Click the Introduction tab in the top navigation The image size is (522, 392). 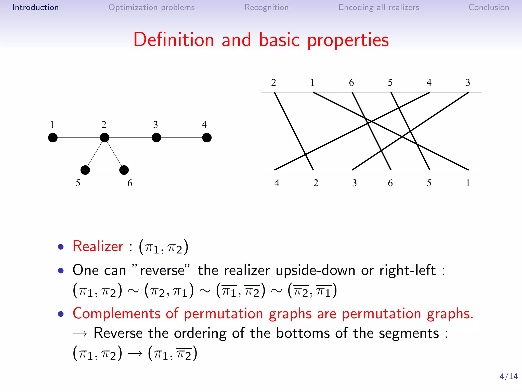point(35,7)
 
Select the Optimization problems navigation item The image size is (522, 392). point(151,7)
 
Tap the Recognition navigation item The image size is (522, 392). point(266,7)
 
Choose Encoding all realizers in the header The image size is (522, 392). point(379,7)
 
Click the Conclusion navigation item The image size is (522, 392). point(489,7)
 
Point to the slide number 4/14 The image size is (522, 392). point(508,376)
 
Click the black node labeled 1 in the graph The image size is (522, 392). point(53,138)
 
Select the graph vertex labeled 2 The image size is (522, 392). point(105,138)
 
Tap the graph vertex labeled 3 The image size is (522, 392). point(156,138)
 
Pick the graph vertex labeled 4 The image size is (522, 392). point(207,138)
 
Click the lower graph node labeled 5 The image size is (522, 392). point(85,170)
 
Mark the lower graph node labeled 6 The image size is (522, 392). point(124,170)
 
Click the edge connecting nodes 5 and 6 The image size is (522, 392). point(105,170)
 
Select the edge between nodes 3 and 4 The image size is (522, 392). point(181,138)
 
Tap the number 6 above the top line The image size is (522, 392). point(351,82)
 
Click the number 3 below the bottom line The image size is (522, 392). point(354,183)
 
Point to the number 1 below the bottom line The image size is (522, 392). point(468,183)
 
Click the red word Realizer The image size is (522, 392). point(98,246)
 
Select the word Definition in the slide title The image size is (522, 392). point(174,40)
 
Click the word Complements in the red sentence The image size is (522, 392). point(116,313)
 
